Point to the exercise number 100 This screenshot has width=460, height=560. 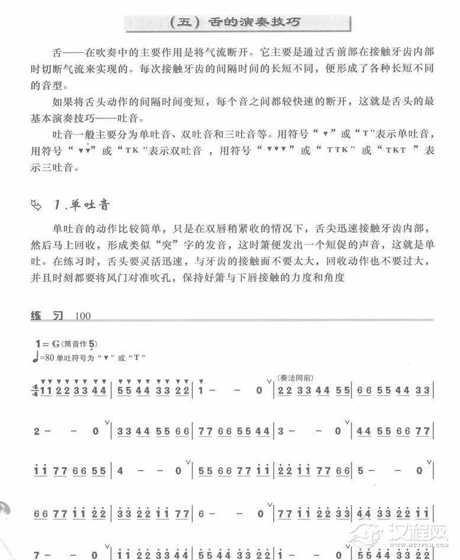click(x=83, y=316)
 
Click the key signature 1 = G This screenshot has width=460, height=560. click(x=48, y=343)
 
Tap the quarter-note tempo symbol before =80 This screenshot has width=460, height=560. click(x=37, y=357)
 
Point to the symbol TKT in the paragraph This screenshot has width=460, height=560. click(x=395, y=151)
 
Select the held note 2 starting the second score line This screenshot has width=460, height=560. click(x=37, y=432)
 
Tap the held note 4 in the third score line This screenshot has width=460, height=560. click(x=121, y=472)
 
